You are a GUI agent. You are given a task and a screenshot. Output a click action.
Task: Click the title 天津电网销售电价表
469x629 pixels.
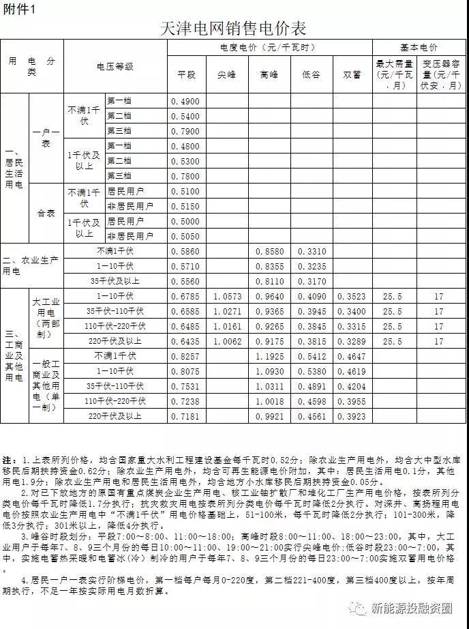tap(233, 28)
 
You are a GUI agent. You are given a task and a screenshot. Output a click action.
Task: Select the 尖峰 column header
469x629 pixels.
tap(227, 74)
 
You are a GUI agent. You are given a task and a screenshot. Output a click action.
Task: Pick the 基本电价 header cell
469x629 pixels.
tap(419, 47)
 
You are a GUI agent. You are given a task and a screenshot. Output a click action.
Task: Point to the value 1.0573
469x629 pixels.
tap(227, 297)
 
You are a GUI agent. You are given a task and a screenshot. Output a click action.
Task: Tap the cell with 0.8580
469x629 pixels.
tap(269, 252)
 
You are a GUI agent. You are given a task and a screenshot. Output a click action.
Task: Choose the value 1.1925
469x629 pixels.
tap(269, 357)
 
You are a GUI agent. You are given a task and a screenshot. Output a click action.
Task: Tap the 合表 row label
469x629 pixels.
tap(46, 213)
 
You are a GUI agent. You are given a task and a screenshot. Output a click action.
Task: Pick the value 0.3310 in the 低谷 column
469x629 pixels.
tap(310, 252)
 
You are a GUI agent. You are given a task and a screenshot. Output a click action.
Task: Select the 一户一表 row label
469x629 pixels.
tap(46, 138)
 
